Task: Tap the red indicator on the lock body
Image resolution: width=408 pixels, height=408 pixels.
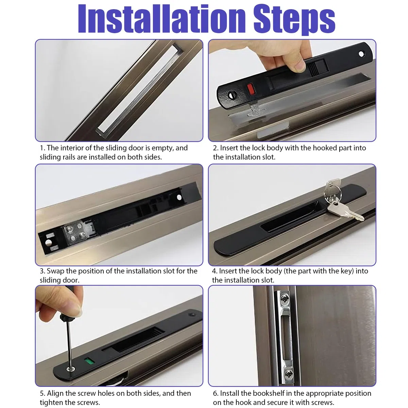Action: click(x=251, y=89)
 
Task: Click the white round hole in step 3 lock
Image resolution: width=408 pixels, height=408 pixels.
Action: click(x=179, y=197)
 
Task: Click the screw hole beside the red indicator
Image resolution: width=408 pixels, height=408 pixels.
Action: click(x=232, y=95)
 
